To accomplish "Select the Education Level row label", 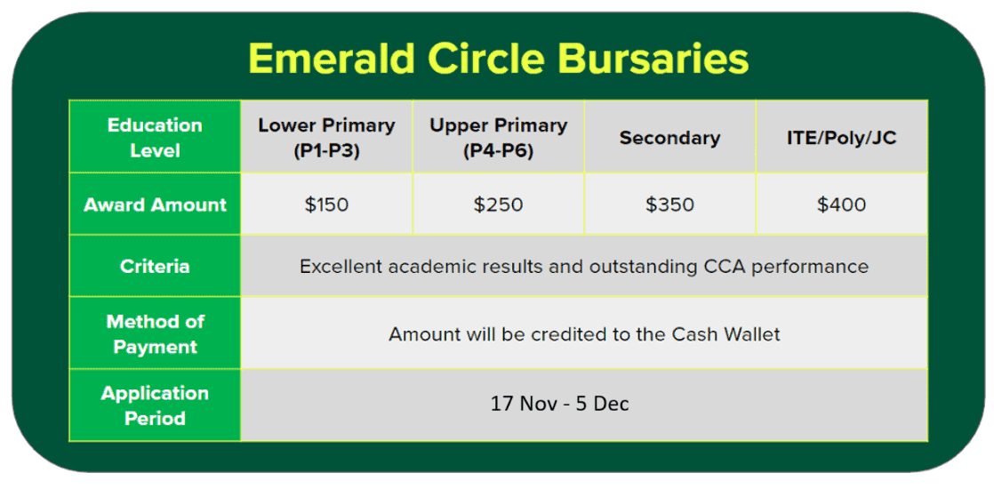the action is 155,138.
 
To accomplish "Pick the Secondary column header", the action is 670,139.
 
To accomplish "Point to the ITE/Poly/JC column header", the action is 841,139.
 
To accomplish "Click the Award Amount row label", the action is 156,204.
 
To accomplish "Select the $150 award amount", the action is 326,204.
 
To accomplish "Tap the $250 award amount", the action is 498,204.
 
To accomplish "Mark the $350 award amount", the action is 670,204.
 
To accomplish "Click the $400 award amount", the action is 841,204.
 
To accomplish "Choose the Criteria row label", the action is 155,267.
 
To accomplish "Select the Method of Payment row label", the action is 155,334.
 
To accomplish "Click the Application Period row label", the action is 155,406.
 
